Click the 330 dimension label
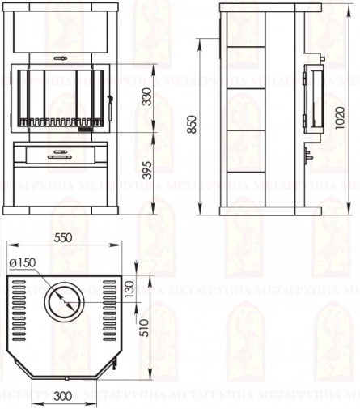(148, 96)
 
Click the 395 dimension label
(148, 170)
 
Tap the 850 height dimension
(193, 124)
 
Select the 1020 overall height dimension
(341, 117)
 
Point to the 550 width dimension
(63, 238)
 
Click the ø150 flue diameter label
(23, 262)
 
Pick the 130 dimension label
(129, 289)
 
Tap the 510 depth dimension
(145, 328)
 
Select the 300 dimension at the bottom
(63, 396)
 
